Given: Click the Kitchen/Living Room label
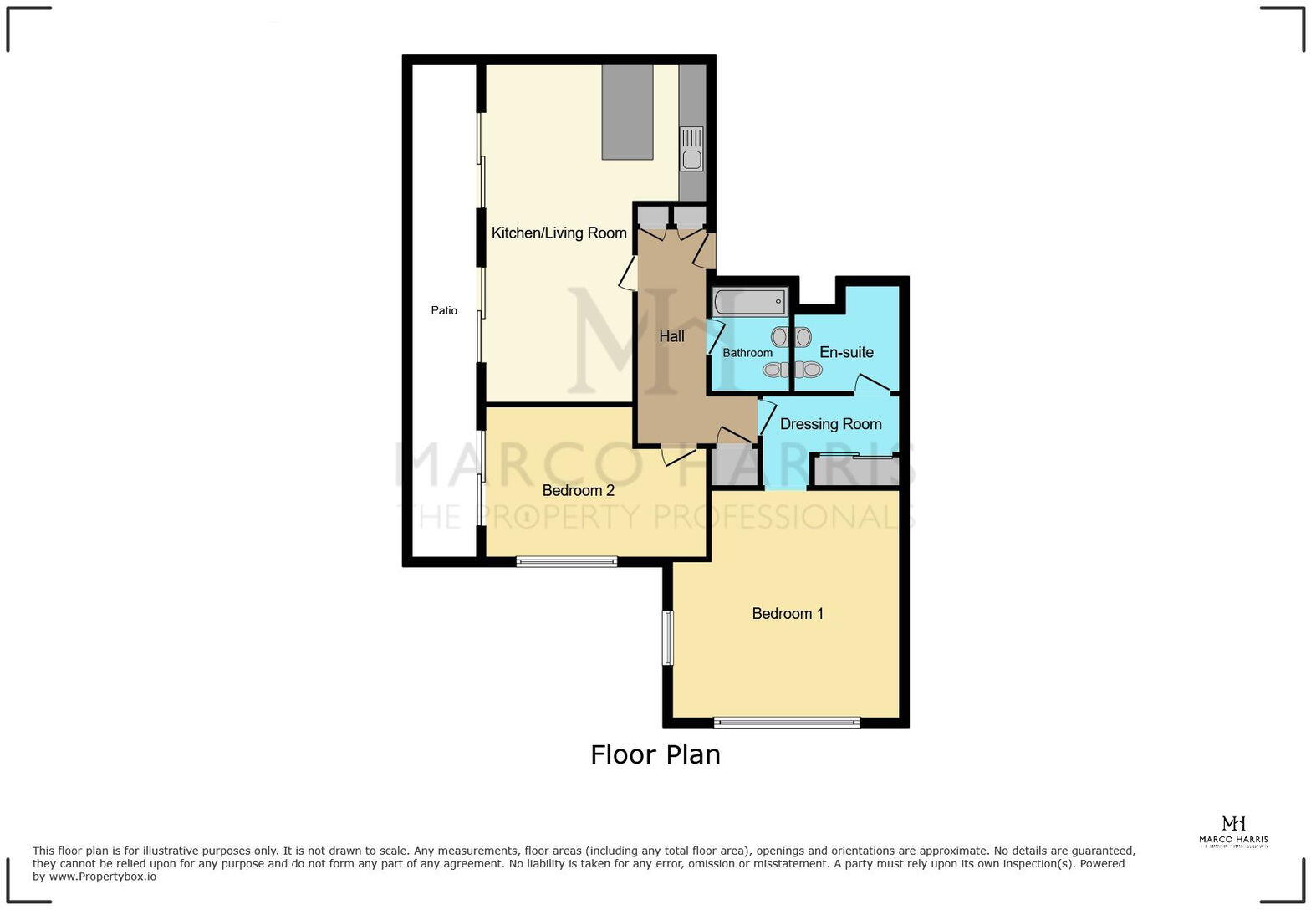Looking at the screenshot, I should [x=559, y=233].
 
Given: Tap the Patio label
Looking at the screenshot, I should [x=444, y=311].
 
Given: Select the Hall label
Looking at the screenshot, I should [x=671, y=336].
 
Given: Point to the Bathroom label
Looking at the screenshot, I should [x=747, y=353].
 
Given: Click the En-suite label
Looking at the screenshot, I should [x=846, y=352].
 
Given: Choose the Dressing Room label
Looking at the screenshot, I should [x=830, y=424].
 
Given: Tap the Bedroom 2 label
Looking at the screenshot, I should [x=578, y=490].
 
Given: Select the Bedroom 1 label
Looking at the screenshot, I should [x=788, y=614].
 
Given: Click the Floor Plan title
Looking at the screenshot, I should [x=655, y=754].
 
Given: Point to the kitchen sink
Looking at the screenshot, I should [x=691, y=149].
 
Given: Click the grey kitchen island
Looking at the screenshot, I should [x=627, y=112].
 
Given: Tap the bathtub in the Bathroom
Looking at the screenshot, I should [x=749, y=301].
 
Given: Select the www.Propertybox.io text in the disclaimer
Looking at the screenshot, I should [x=102, y=877].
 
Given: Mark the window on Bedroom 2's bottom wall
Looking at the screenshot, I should [x=566, y=561].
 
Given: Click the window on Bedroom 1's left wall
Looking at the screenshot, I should [x=667, y=638].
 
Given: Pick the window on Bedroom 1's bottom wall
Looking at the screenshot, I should [x=786, y=723].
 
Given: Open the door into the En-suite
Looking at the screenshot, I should [x=872, y=384].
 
